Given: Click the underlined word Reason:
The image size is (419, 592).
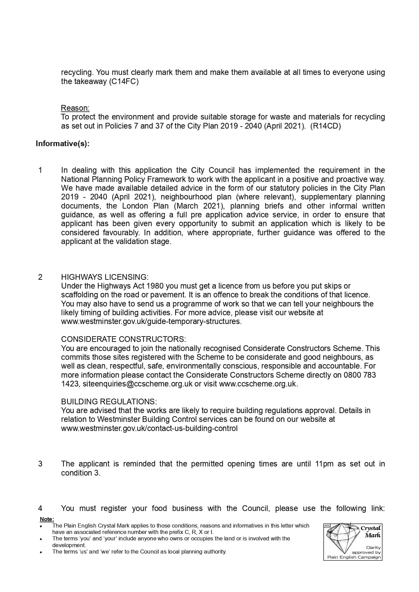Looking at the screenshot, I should click(x=75, y=108).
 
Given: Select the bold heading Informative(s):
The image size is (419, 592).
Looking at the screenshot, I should click(x=62, y=144).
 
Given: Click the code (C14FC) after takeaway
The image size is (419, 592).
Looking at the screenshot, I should click(x=124, y=81).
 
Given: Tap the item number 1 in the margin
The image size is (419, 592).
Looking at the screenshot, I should click(x=41, y=170).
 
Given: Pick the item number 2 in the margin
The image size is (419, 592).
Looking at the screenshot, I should click(x=41, y=277).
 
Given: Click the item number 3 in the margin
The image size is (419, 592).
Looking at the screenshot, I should click(x=41, y=464).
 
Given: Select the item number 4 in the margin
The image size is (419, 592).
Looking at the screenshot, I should click(x=41, y=508).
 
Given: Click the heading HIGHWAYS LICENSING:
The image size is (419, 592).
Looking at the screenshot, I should click(x=105, y=277).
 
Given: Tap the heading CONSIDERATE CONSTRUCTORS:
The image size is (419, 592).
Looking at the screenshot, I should click(x=123, y=339).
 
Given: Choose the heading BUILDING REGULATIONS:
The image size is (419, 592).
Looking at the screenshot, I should click(x=109, y=402).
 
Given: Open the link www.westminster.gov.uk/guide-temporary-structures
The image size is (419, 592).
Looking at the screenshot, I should click(x=151, y=321).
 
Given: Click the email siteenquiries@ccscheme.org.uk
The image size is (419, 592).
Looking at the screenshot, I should click(x=137, y=384).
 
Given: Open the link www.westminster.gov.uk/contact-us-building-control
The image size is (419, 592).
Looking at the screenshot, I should click(x=149, y=428).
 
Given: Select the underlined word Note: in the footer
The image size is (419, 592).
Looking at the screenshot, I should click(x=47, y=519).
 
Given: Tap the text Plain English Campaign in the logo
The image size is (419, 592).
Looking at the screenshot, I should click(x=354, y=557).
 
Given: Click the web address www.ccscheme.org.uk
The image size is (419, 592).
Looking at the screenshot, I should click(x=258, y=384).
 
